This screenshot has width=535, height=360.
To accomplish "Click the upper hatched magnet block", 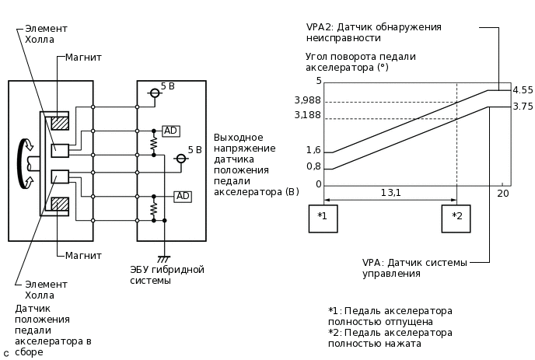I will pyautogui.click(x=60, y=123).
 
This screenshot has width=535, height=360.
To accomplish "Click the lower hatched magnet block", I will pyautogui.click(x=60, y=204).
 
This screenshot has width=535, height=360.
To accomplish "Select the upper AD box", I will pyautogui.click(x=171, y=131).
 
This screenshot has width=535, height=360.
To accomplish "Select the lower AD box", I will pyautogui.click(x=182, y=196).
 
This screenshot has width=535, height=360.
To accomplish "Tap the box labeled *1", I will pyautogui.click(x=323, y=218).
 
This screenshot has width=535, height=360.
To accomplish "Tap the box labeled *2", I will pyautogui.click(x=456, y=218).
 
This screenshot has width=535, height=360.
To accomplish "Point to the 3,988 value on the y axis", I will pyautogui.click(x=308, y=100).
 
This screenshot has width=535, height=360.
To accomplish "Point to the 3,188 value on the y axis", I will pyautogui.click(x=308, y=116).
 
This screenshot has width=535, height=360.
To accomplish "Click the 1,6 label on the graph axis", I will pyautogui.click(x=313, y=150).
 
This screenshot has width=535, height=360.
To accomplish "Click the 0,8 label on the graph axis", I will pyautogui.click(x=313, y=166).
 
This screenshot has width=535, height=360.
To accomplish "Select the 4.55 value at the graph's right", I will pyautogui.click(x=523, y=90).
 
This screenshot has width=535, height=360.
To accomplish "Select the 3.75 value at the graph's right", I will pyautogui.click(x=523, y=107).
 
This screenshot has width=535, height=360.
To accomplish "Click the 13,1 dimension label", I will pyautogui.click(x=390, y=193).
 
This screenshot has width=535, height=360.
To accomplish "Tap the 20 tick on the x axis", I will pyautogui.click(x=503, y=193).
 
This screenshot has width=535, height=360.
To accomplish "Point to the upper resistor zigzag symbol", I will pyautogui.click(x=154, y=144).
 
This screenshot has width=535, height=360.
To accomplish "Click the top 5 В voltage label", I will pyautogui.click(x=168, y=86).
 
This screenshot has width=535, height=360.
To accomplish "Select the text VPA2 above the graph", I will pyautogui.click(x=320, y=27).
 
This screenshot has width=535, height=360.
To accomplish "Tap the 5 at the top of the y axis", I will pyautogui.click(x=318, y=81).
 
